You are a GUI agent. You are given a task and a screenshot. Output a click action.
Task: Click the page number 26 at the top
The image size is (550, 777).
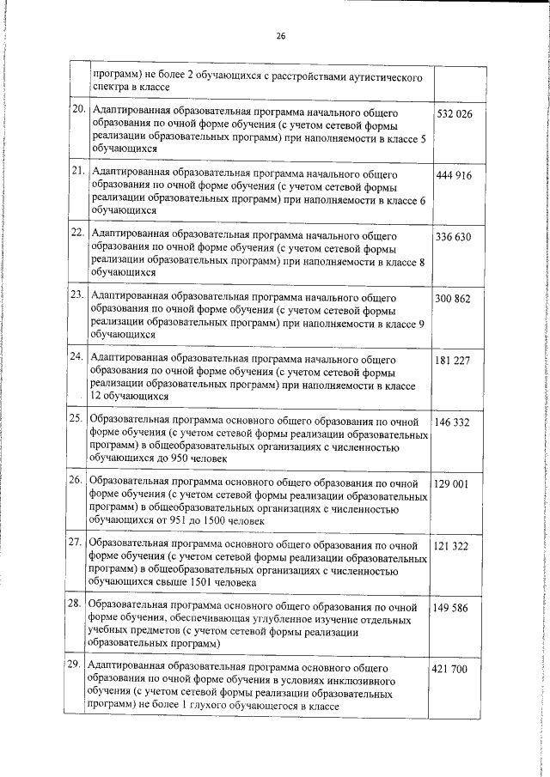coord(280,36)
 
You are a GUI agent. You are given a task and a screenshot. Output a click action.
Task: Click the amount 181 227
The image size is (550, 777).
coord(453,361)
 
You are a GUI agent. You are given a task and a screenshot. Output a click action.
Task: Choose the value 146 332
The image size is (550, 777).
coord(453,422)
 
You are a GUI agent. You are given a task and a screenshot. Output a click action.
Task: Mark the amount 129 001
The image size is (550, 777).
coord(451,484)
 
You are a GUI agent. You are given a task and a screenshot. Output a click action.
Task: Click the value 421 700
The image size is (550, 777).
coord(453,669)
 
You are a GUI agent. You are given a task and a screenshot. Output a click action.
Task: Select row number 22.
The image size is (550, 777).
coord(77,234)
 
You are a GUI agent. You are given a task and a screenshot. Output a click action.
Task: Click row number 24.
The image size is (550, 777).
coord(77,357)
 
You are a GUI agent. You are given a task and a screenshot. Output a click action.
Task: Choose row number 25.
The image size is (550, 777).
coord(77,419)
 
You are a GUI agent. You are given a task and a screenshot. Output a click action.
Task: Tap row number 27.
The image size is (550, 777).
coord(77,543)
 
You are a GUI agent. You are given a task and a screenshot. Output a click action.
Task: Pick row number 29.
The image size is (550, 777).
coord(77,666)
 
